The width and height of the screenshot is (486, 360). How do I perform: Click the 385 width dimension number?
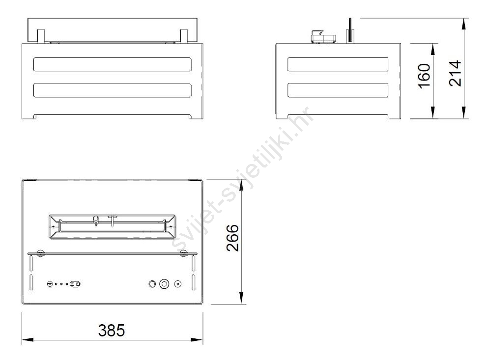coord(112,330)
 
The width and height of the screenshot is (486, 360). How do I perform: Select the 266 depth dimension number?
coord(233,238)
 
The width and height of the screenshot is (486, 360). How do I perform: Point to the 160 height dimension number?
coord(424,76)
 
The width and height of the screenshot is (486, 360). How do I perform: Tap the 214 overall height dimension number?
coord(455,74)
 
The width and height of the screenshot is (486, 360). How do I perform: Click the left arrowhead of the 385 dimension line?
coord(28,339)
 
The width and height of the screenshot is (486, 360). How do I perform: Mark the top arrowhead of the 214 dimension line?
coord(464,24)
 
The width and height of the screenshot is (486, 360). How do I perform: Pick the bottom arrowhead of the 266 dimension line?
coord(242,298)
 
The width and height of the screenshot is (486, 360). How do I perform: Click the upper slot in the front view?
coord(112,65)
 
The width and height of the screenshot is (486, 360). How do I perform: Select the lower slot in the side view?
coord(338,90)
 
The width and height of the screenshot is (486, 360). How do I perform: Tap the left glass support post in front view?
coord(41,36)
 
